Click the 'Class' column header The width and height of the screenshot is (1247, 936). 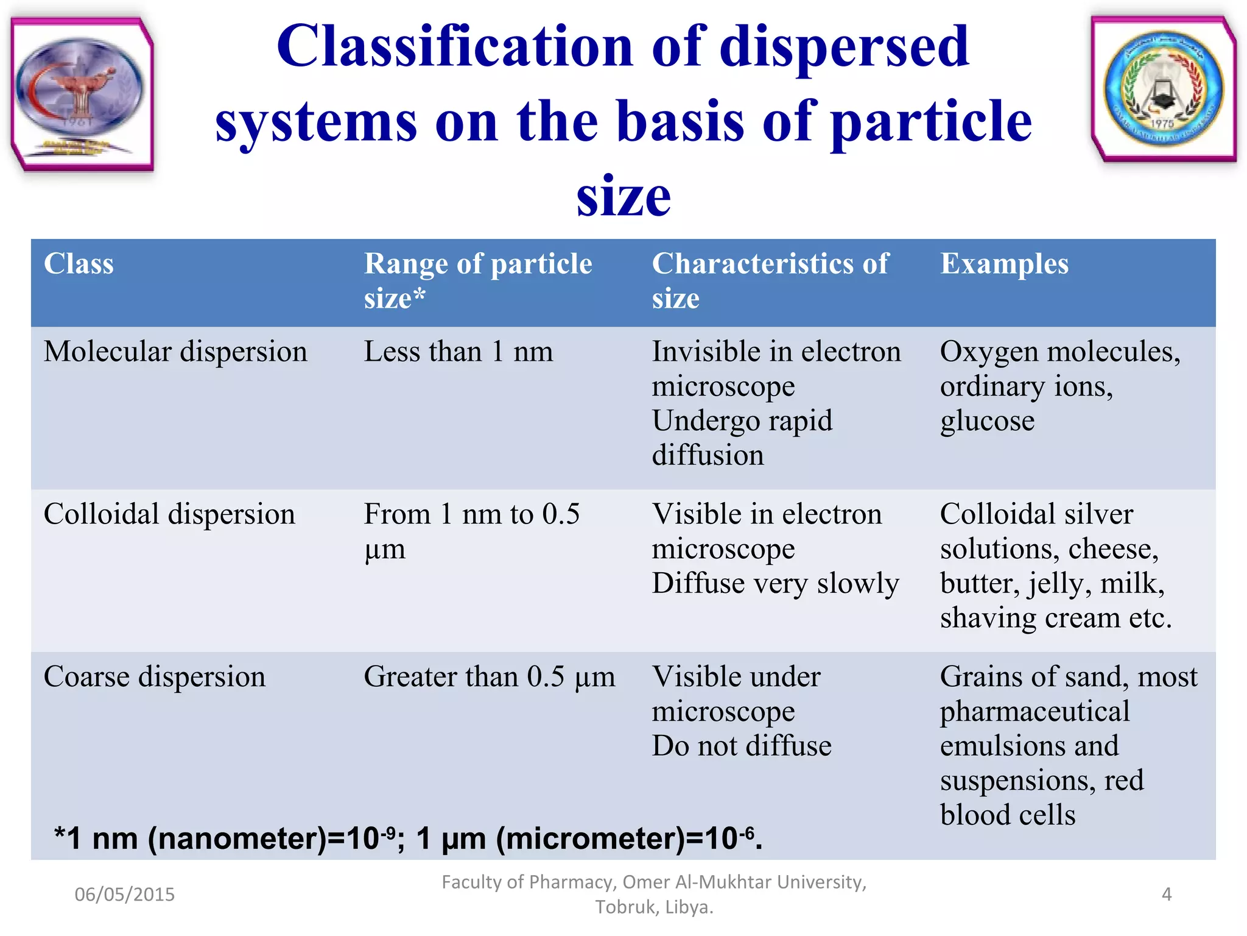(79, 264)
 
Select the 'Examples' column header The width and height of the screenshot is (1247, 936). (1004, 264)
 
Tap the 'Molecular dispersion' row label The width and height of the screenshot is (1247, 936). (175, 352)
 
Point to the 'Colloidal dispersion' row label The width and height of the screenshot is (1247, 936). (169, 514)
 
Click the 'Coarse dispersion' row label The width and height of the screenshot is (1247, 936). (155, 677)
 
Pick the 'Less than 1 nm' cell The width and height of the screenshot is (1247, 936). (458, 352)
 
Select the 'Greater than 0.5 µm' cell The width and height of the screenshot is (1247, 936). (489, 677)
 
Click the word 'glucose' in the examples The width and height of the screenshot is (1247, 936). (987, 422)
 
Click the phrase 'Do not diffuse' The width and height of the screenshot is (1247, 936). (742, 746)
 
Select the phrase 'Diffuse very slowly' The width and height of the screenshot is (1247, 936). (775, 584)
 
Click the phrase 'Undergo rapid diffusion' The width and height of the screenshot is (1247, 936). (742, 438)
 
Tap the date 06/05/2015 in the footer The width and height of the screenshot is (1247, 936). (124, 895)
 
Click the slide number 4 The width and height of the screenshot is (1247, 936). (1166, 895)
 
